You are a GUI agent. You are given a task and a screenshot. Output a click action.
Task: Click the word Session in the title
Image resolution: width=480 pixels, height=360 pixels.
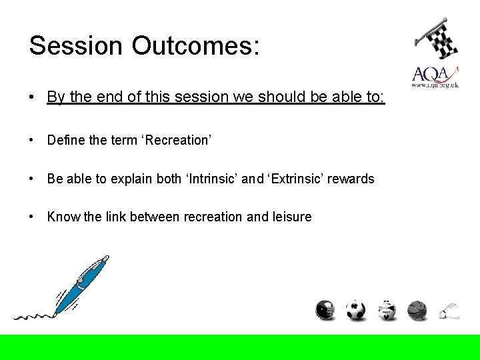click(76, 45)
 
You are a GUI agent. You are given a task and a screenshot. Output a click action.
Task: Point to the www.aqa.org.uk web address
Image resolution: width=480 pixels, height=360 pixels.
click(435, 85)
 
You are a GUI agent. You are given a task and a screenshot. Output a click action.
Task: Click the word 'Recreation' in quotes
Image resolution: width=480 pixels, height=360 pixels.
click(178, 140)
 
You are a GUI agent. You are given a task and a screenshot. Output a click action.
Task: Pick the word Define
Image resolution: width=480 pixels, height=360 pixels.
click(66, 140)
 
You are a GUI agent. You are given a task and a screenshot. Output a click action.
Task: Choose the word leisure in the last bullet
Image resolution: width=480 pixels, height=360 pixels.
click(291, 217)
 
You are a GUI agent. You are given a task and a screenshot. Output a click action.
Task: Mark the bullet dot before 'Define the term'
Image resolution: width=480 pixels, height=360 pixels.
click(32, 140)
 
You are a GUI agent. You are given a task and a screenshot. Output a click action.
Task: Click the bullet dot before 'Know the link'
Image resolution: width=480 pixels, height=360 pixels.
click(32, 217)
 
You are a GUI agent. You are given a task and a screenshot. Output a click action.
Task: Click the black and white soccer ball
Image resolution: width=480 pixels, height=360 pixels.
click(355, 310)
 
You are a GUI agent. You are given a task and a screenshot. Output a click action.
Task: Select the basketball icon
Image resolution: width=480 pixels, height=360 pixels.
click(417, 310)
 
